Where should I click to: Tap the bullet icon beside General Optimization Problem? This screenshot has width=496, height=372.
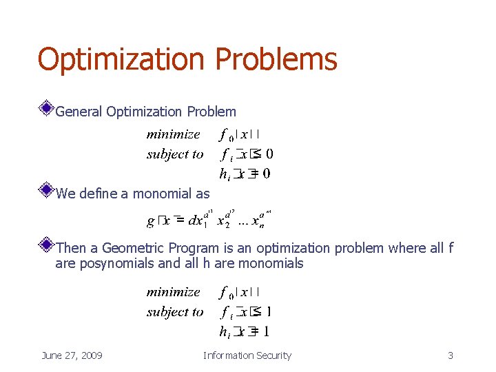point(46,107)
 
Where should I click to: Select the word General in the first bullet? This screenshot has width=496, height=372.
point(79,112)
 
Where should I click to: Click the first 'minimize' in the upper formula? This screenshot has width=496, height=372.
point(173,134)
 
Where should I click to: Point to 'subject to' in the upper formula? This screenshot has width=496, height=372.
point(175,154)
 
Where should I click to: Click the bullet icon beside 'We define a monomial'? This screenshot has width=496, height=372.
point(46,189)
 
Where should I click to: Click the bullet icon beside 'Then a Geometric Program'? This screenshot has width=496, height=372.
point(46,244)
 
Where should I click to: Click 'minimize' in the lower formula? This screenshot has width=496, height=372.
point(173,292)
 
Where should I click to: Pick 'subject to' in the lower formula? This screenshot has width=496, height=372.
point(175,312)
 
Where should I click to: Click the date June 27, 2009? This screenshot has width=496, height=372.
point(72,355)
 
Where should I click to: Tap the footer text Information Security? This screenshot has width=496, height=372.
point(247,355)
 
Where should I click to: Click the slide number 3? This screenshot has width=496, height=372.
point(451,355)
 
